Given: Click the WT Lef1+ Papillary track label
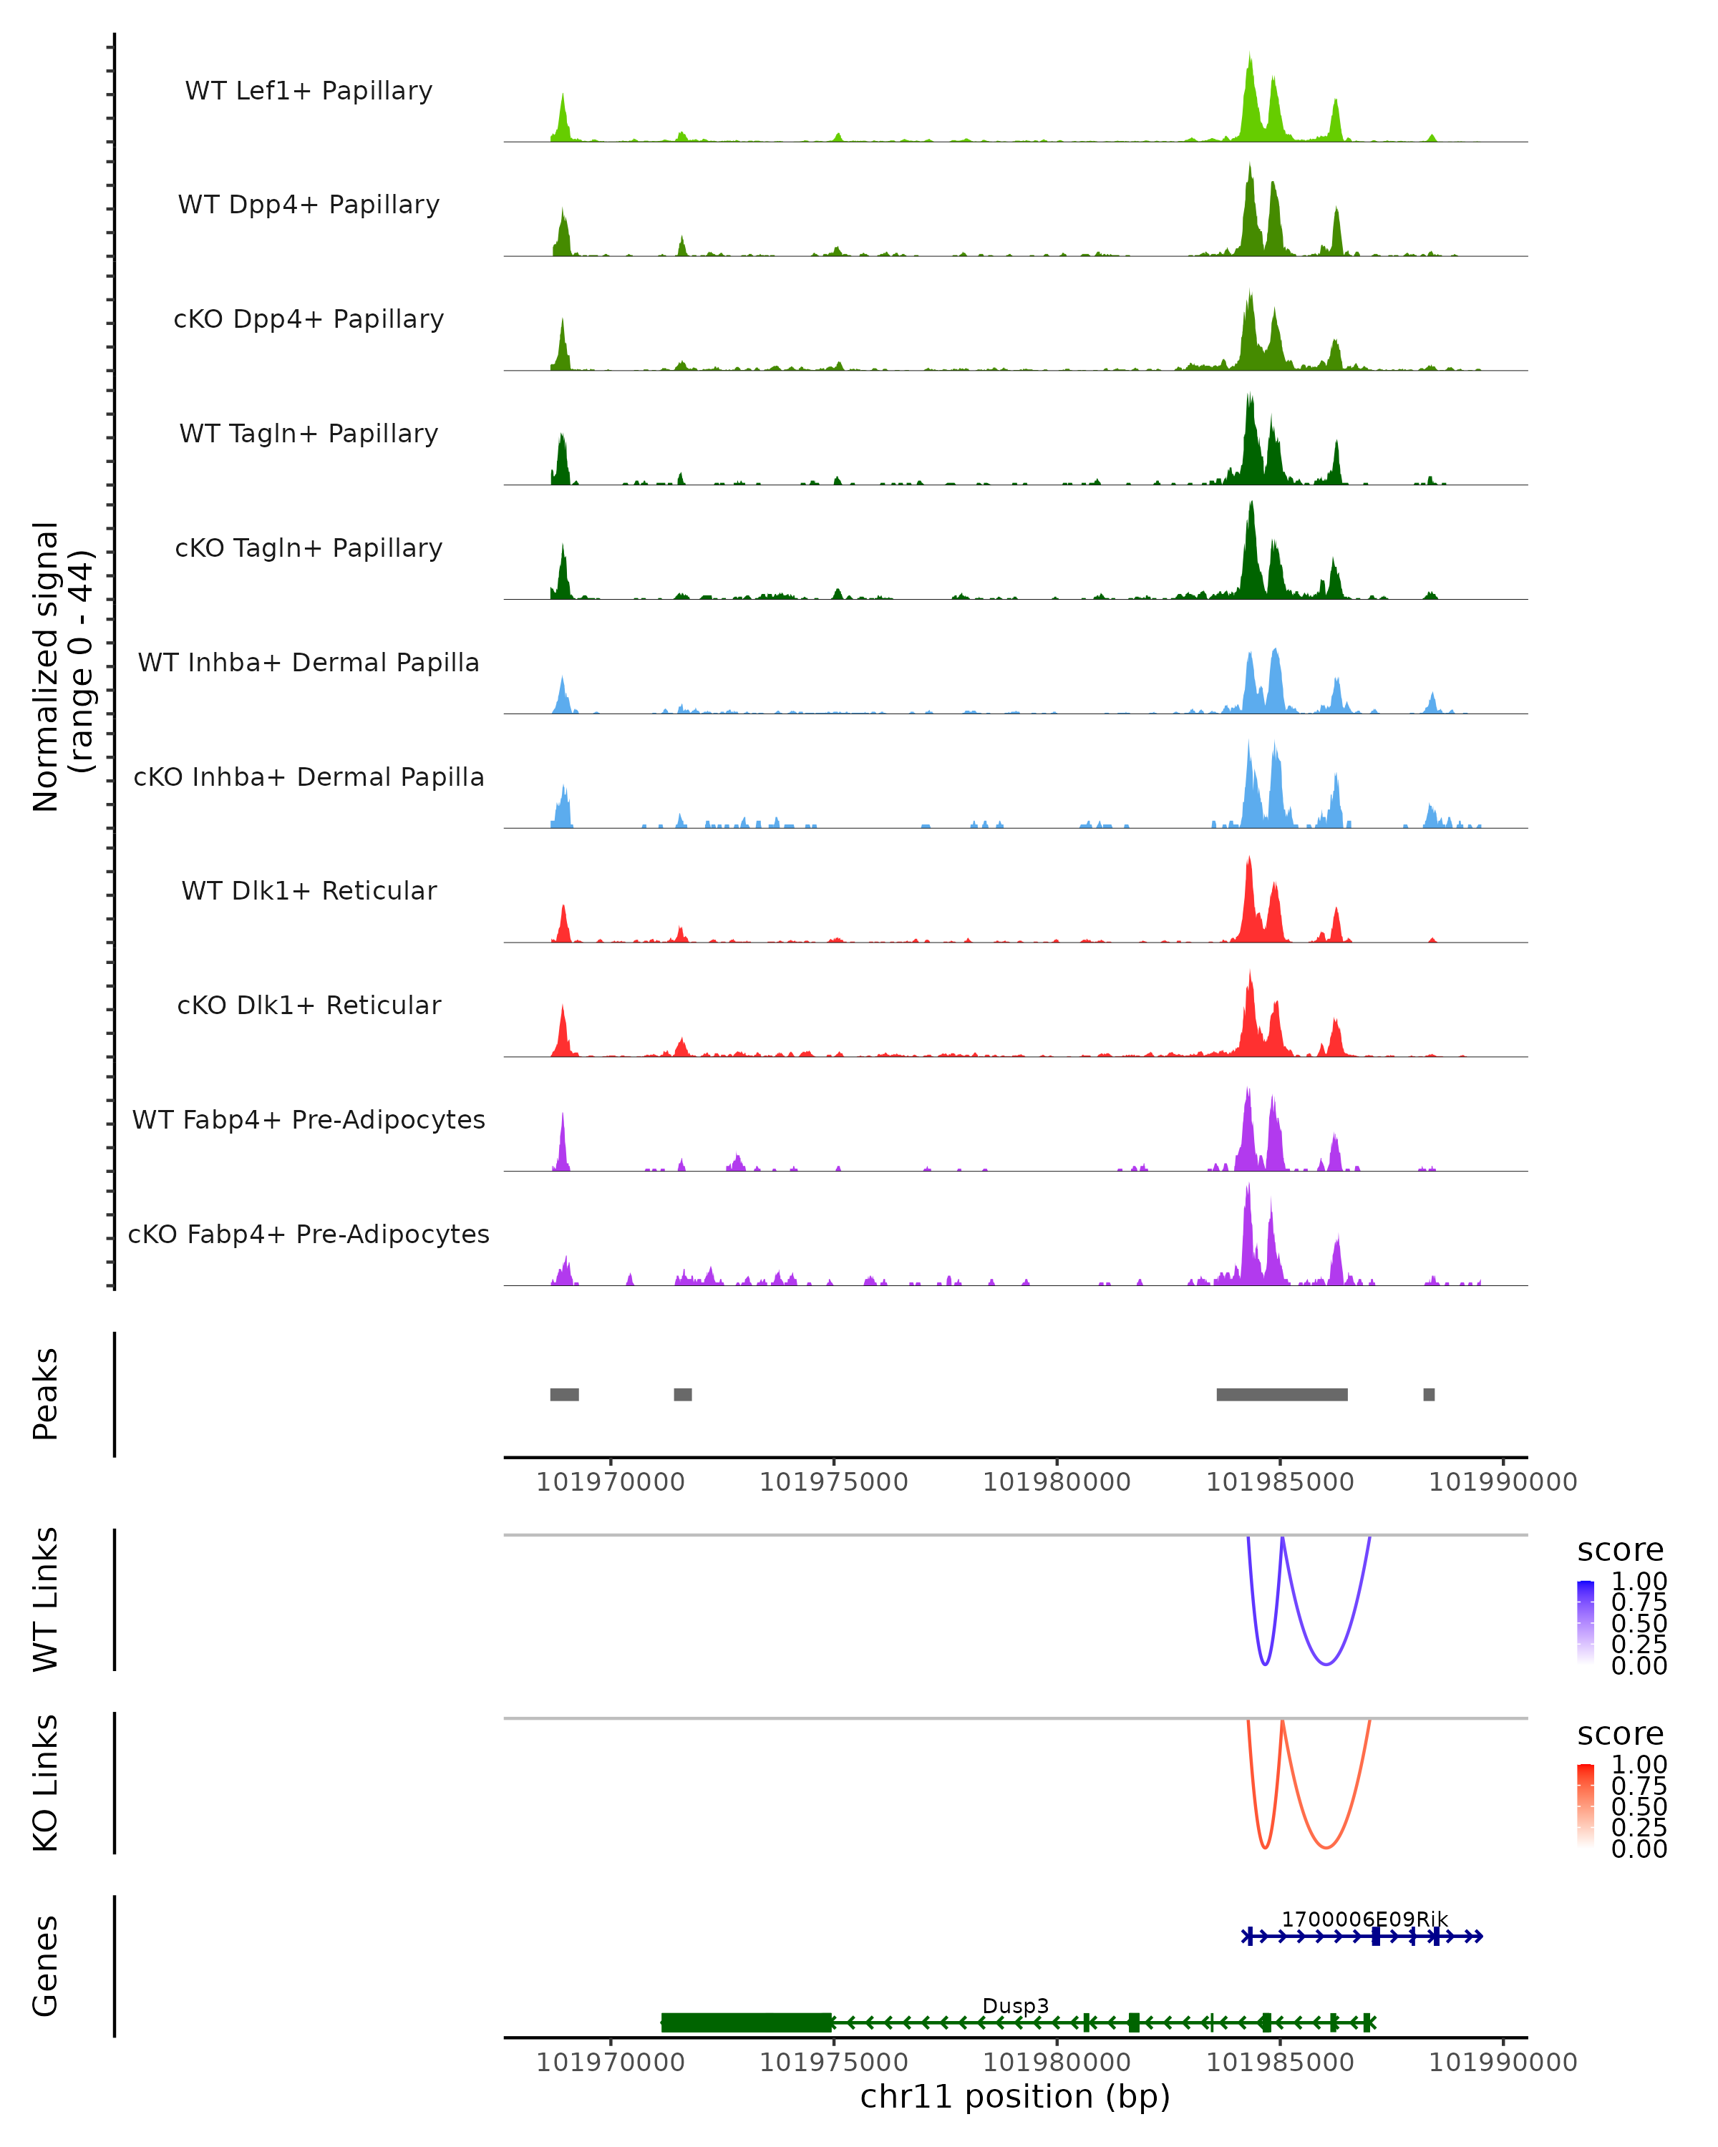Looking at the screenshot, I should pos(309,91).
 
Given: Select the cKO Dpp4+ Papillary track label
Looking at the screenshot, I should pos(309,318).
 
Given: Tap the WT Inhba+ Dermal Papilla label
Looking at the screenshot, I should pos(309,662).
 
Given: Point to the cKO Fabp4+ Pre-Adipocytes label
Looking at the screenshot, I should pos(309,1234).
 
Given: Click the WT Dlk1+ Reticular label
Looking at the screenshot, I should pos(309,890).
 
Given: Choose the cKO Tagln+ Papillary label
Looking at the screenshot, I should pos(309,547).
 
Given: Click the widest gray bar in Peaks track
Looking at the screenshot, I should pos(1282,1394).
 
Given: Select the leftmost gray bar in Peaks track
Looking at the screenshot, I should pos(565,1394).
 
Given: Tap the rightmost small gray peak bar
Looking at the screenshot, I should pos(1430,1394).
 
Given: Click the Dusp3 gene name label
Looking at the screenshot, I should pos(1015,2005).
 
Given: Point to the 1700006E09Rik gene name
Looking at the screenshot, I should pos(1364,1919).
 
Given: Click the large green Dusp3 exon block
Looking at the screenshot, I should pos(746,2022).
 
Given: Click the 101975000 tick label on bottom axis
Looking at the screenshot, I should pos(834,2063).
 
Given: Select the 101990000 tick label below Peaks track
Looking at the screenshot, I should pos(1503,1482).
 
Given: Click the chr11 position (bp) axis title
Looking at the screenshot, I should pos(1015,2097).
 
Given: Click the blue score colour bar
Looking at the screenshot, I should pos(1586,1621).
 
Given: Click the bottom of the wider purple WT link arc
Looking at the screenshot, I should pos(1326,1664).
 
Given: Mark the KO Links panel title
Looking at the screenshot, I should pos(46,1783).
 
